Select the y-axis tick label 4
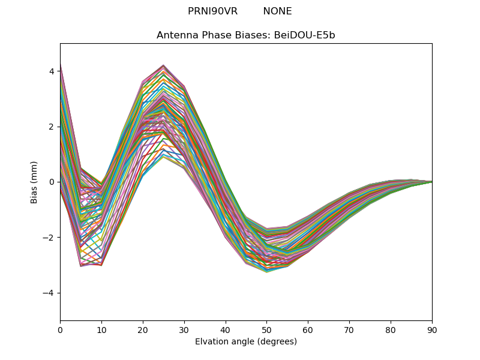pos(52,71)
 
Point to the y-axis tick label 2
pos(52,127)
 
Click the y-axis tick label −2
pos(49,238)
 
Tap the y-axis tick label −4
pos(49,293)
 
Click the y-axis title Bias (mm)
pos(34,182)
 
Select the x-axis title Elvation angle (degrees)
pos(246,341)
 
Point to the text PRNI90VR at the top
pos(212,11)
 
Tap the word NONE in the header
pos(277,11)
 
